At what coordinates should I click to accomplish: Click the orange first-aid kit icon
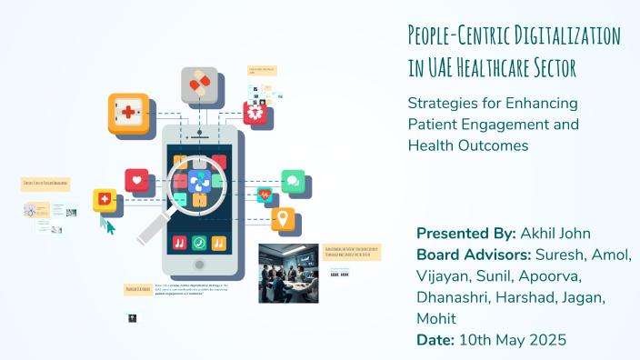tap(128, 114)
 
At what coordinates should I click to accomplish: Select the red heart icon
tap(137, 180)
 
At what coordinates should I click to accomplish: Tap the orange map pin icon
tap(283, 218)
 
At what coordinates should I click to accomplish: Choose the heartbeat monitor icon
tap(265, 195)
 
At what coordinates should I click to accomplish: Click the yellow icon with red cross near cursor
tap(105, 200)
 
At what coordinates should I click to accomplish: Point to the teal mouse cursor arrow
tap(109, 225)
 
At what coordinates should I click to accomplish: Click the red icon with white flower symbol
tap(256, 114)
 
